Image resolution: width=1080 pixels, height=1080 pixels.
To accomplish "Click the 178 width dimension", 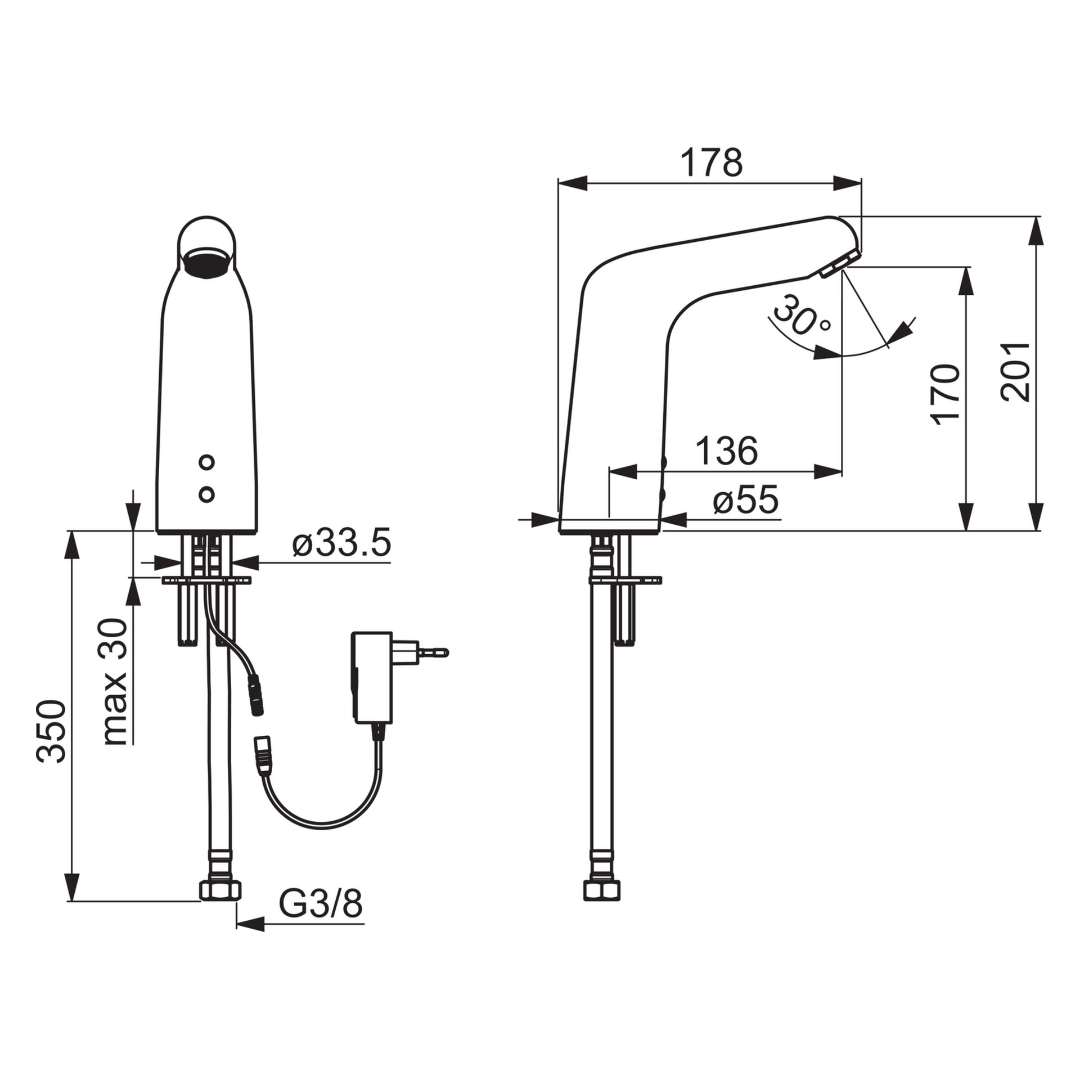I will pos(712,163).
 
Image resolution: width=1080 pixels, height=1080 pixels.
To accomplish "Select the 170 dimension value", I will pos(944,394).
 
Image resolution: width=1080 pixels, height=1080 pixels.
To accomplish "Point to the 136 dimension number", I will pos(727,451).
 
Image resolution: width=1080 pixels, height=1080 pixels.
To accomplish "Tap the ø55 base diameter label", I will pos(746,500).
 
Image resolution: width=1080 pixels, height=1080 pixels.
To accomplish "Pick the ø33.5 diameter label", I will pos(341,544).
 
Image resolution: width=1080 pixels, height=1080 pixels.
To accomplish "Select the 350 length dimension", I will pos(52,731).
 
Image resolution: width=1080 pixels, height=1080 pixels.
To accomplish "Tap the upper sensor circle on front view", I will pos(207,462).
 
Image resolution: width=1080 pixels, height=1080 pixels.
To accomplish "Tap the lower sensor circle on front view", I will pos(207,494).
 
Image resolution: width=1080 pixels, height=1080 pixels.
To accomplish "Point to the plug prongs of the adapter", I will pos(430,652).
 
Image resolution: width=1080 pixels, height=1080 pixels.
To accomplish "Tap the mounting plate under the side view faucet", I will pos(625,579).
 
